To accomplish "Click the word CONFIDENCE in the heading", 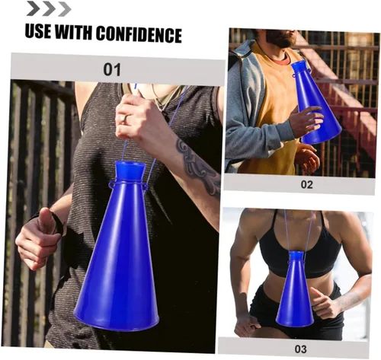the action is tap(139, 34).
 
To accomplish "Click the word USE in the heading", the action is tap(37, 31).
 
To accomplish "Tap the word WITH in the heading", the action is tap(73, 32).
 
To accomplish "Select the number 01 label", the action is tap(112, 69).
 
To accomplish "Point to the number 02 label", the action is tap(306, 184).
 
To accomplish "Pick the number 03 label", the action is tap(300, 349).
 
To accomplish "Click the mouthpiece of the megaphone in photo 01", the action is tap(130, 170).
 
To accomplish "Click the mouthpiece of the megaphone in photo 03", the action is tap(296, 256).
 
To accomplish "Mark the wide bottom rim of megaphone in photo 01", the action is tap(117, 321).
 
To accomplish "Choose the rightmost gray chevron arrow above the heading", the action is tap(65, 9).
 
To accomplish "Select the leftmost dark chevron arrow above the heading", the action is tap(33, 8).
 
